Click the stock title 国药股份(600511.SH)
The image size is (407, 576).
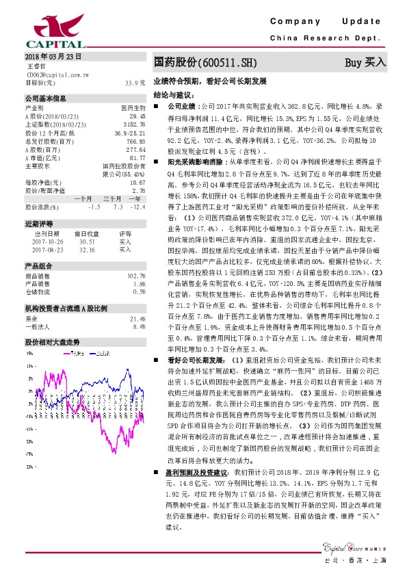tap(205, 63)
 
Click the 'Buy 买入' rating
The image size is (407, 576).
tap(365, 63)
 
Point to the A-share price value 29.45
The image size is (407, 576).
tap(137, 117)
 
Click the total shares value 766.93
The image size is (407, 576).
tap(136, 141)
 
